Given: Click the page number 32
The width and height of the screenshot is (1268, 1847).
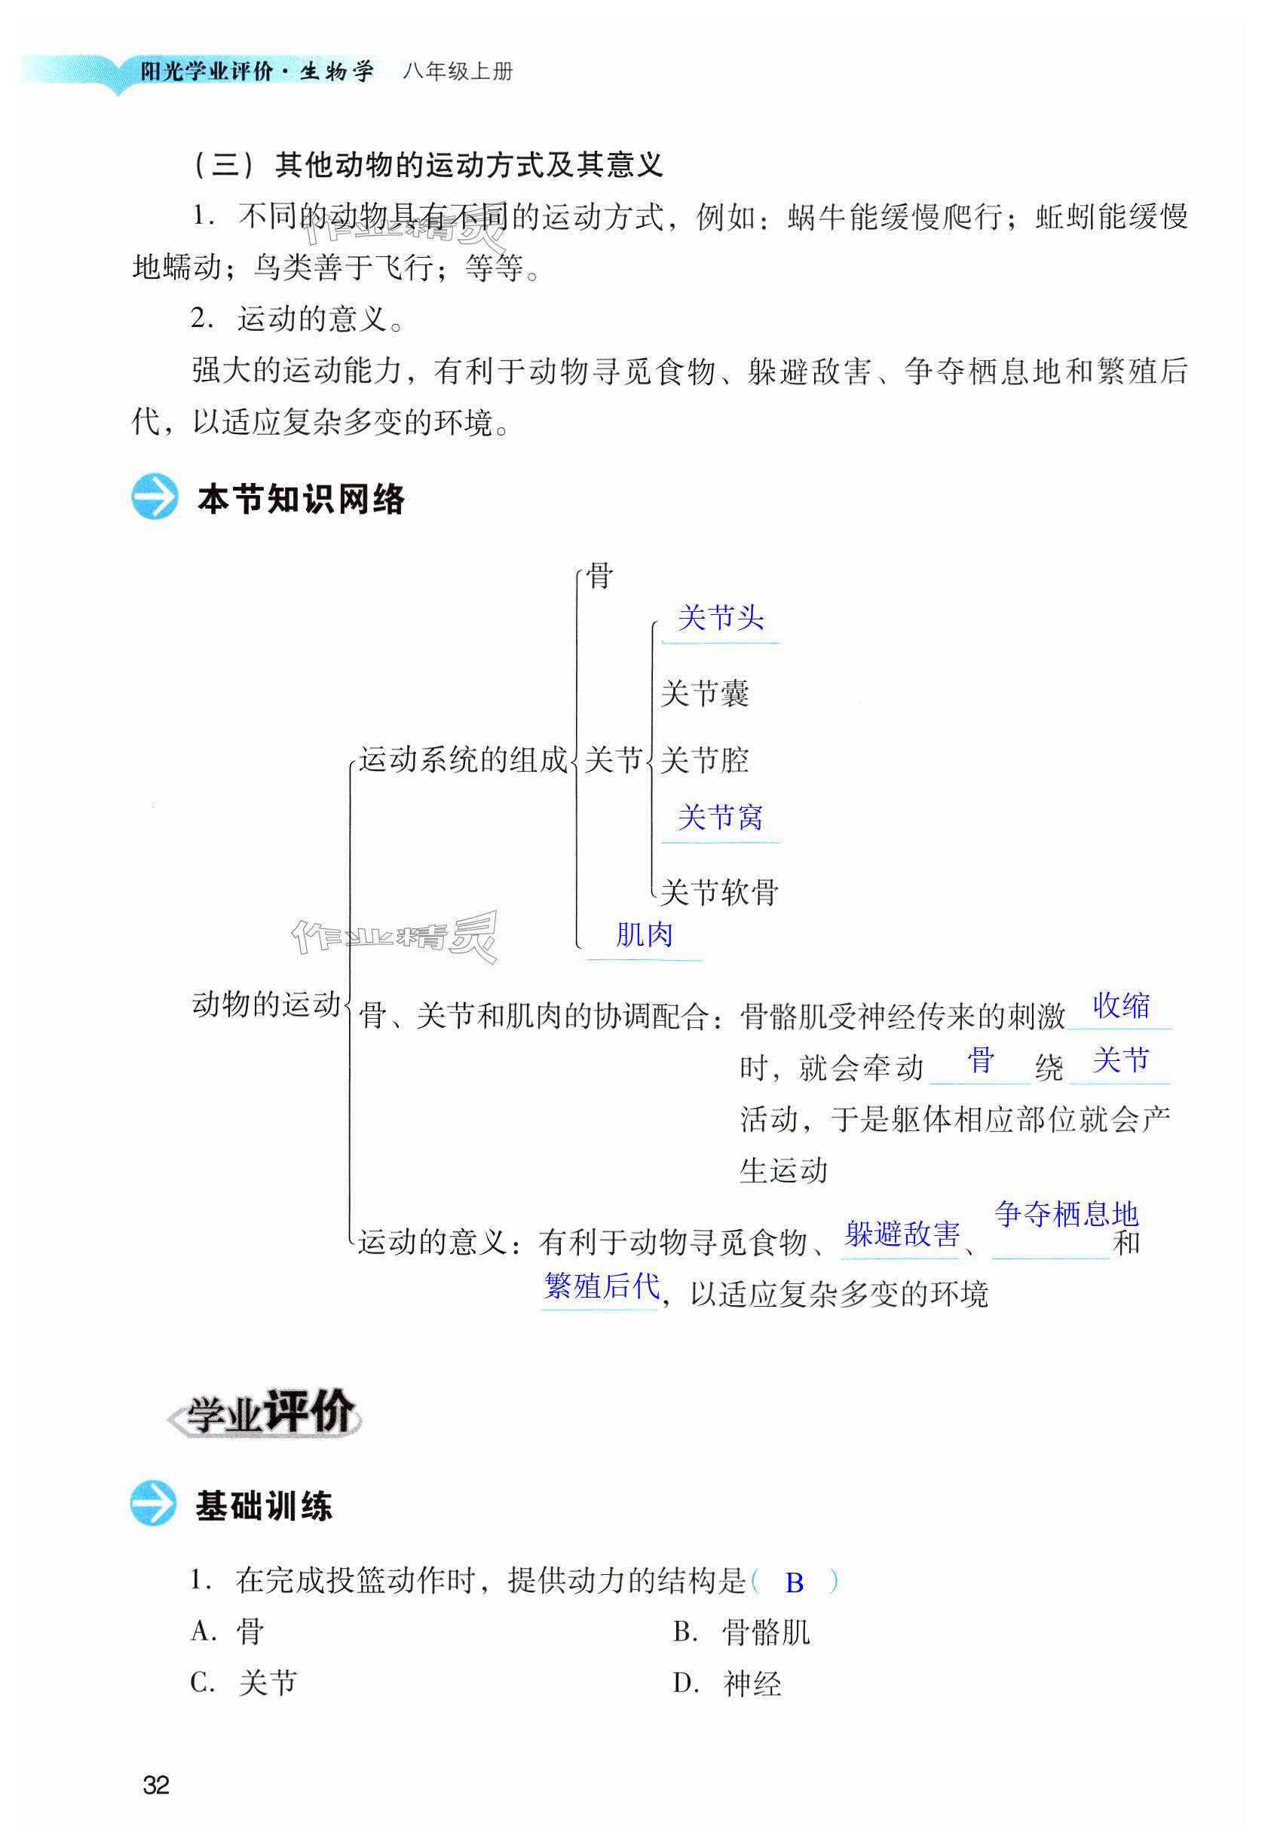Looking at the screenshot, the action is pyautogui.click(x=156, y=1785).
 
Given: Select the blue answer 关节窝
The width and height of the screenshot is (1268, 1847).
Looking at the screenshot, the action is pyautogui.click(x=720, y=818).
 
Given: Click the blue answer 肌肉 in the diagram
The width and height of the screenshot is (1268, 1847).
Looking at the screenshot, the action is pyautogui.click(x=644, y=934).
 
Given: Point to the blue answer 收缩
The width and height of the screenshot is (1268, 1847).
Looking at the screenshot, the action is pyautogui.click(x=1121, y=1006).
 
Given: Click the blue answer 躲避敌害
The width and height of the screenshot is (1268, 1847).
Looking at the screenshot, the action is pyautogui.click(x=902, y=1234).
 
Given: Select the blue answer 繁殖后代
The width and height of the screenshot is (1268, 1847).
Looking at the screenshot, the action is pyautogui.click(x=602, y=1286).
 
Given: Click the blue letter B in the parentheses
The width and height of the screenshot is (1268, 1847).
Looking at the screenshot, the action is pyautogui.click(x=794, y=1583).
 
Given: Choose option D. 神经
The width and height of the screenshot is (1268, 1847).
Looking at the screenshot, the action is pyautogui.click(x=727, y=1683).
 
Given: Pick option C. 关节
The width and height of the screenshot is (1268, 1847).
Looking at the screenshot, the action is pyautogui.click(x=244, y=1683).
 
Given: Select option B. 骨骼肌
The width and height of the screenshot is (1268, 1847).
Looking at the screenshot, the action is pyautogui.click(x=742, y=1632).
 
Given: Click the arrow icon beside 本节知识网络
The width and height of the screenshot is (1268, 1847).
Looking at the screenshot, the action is pyautogui.click(x=155, y=497).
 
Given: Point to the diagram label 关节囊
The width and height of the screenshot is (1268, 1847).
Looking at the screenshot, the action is pyautogui.click(x=704, y=694).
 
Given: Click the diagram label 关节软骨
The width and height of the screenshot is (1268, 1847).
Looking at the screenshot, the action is pyautogui.click(x=718, y=892).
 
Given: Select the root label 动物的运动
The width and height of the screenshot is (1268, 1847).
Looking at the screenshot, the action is pyautogui.click(x=266, y=1005).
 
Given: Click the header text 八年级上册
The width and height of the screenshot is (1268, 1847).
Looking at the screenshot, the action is pyautogui.click(x=458, y=72).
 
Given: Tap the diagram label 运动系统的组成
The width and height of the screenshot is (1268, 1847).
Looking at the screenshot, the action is pyautogui.click(x=464, y=760).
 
